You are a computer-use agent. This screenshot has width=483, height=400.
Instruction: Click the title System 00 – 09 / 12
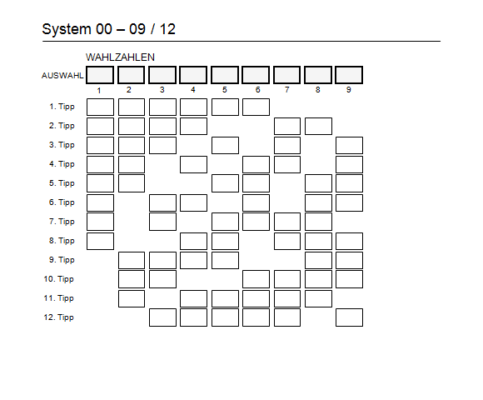108,29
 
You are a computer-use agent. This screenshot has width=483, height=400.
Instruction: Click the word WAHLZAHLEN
120,57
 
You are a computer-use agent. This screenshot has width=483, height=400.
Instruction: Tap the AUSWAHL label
62,76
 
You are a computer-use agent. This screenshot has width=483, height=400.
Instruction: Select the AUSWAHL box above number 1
100,75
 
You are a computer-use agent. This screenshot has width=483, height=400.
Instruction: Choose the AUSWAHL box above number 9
349,75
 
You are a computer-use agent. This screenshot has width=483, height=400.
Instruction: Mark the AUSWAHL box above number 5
225,75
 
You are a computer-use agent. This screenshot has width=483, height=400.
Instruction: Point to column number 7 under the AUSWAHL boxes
287,90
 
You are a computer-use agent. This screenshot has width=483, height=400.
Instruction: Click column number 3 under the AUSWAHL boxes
162,90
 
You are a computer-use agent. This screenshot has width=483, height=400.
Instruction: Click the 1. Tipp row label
62,107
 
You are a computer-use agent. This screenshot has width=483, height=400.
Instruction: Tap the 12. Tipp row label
59,317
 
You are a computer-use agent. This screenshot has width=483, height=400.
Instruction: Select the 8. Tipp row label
62,241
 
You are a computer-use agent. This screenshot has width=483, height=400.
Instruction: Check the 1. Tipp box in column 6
256,107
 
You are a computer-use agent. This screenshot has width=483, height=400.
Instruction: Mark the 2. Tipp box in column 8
318,126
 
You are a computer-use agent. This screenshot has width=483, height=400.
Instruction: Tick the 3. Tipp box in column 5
225,146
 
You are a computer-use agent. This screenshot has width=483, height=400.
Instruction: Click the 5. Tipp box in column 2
132,183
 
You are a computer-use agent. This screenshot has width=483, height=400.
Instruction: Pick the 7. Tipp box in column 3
162,222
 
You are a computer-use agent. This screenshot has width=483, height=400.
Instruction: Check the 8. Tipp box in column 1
100,241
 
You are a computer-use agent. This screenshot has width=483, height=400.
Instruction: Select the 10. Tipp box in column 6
256,279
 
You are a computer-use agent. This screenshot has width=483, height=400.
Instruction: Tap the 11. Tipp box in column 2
132,298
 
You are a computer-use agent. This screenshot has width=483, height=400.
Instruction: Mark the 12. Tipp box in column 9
349,317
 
